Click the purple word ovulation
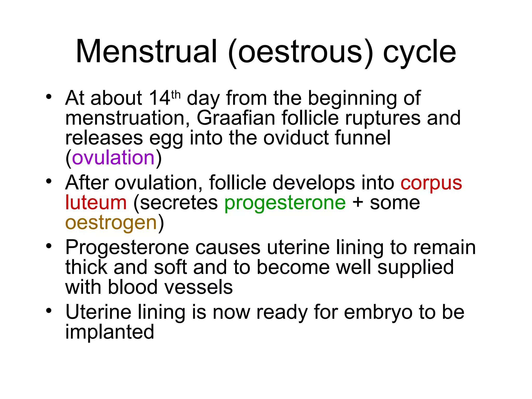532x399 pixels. [x=113, y=158]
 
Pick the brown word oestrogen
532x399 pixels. [x=111, y=223]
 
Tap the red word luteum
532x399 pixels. [x=96, y=203]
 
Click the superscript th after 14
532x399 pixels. [x=176, y=95]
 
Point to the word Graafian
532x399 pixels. [x=236, y=118]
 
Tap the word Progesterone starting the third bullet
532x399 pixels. [x=127, y=247]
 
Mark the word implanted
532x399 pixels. [x=110, y=332]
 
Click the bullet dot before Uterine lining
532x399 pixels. [x=49, y=310]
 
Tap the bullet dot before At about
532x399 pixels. [x=49, y=97]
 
